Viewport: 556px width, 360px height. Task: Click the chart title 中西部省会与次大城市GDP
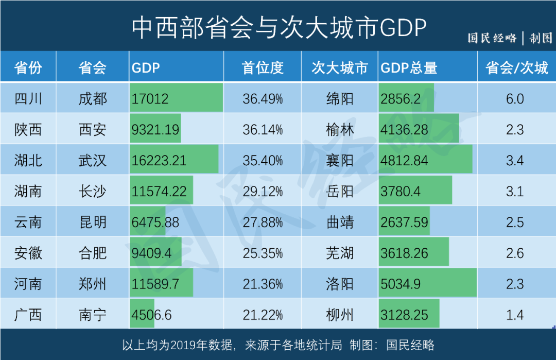pyautogui.click(x=279, y=28)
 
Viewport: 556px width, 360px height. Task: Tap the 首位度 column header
pyautogui.click(x=263, y=67)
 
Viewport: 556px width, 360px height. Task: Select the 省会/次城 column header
pyautogui.click(x=516, y=67)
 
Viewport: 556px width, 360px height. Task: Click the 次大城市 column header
pyautogui.click(x=340, y=67)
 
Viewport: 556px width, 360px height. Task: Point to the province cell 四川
pyautogui.click(x=28, y=98)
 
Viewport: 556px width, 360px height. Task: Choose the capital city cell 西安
pyautogui.click(x=93, y=129)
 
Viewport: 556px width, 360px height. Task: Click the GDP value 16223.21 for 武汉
pyautogui.click(x=159, y=160)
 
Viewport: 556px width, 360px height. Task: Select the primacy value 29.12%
pyautogui.click(x=263, y=191)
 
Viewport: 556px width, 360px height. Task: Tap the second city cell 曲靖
pyautogui.click(x=340, y=222)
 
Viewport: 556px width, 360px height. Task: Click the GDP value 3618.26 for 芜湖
pyautogui.click(x=404, y=253)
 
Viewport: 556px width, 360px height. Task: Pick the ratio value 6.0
pyautogui.click(x=515, y=98)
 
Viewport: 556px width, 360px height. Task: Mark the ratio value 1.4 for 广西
pyautogui.click(x=515, y=315)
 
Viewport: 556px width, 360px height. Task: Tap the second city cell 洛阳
pyautogui.click(x=340, y=284)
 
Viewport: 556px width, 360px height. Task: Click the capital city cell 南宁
pyautogui.click(x=93, y=315)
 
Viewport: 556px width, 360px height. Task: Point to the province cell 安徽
pyautogui.click(x=28, y=253)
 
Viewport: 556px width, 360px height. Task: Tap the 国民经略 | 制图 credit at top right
pyautogui.click(x=509, y=38)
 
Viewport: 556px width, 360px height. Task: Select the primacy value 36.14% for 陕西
pyautogui.click(x=263, y=129)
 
